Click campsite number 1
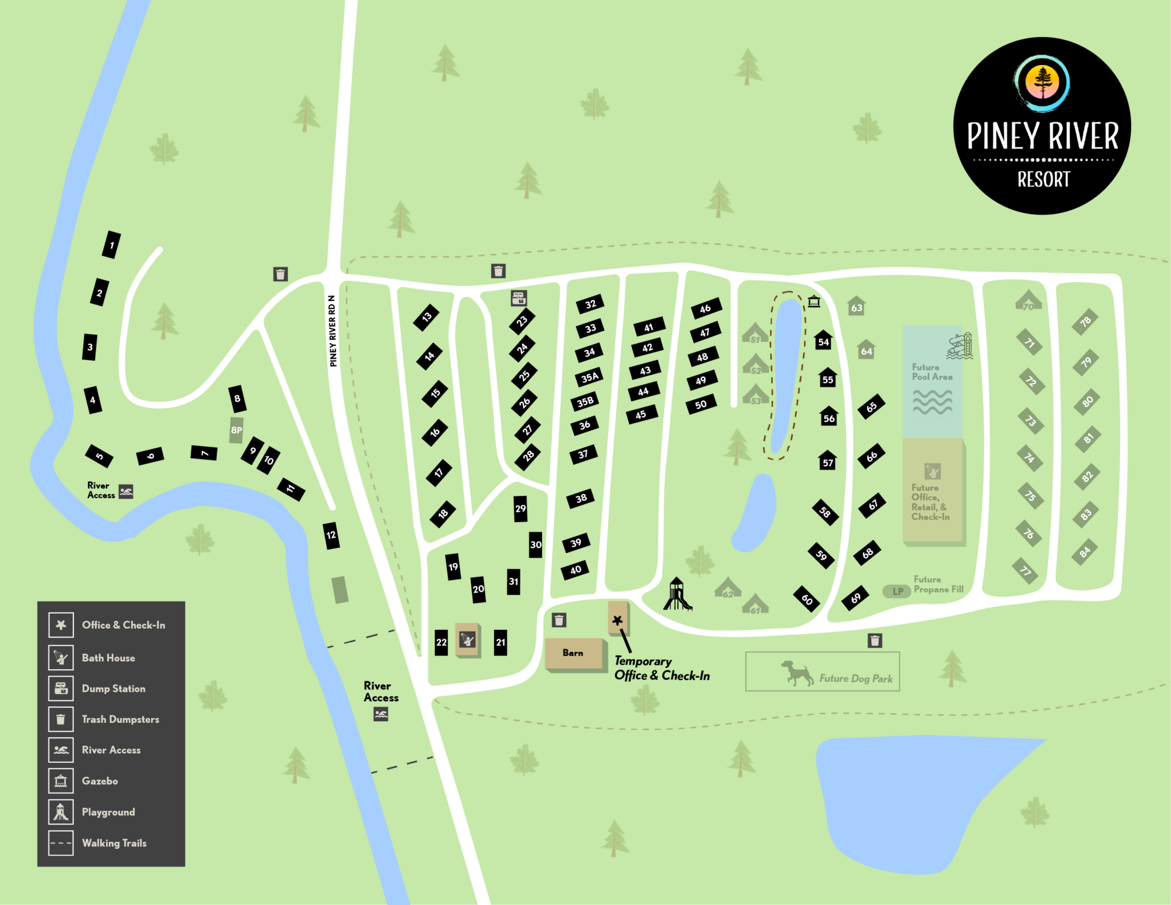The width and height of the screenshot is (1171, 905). [111, 245]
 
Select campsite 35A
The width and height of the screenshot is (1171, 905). [590, 378]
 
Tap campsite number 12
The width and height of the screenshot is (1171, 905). [331, 535]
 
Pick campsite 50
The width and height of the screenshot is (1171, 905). [701, 404]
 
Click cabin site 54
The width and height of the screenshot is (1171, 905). [824, 341]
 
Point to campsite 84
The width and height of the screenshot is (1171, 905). [1085, 551]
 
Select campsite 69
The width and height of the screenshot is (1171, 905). [855, 598]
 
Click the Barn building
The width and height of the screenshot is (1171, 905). [573, 653]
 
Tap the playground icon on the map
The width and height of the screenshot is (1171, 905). [677, 594]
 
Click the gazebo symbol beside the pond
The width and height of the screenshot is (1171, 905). [814, 301]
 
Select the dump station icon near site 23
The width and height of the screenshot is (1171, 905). [519, 298]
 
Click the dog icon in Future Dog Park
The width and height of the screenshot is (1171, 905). [797, 673]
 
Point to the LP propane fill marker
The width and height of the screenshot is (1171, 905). [897, 591]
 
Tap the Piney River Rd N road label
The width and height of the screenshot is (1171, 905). [333, 331]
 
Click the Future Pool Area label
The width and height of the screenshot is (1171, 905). [932, 372]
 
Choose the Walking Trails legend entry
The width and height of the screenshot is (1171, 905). [114, 843]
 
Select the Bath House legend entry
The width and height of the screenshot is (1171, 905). [108, 658]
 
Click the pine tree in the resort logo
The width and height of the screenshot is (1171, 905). [1042, 82]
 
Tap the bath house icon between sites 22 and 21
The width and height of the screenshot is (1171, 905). [467, 639]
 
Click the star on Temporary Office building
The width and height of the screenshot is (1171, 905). [617, 620]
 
